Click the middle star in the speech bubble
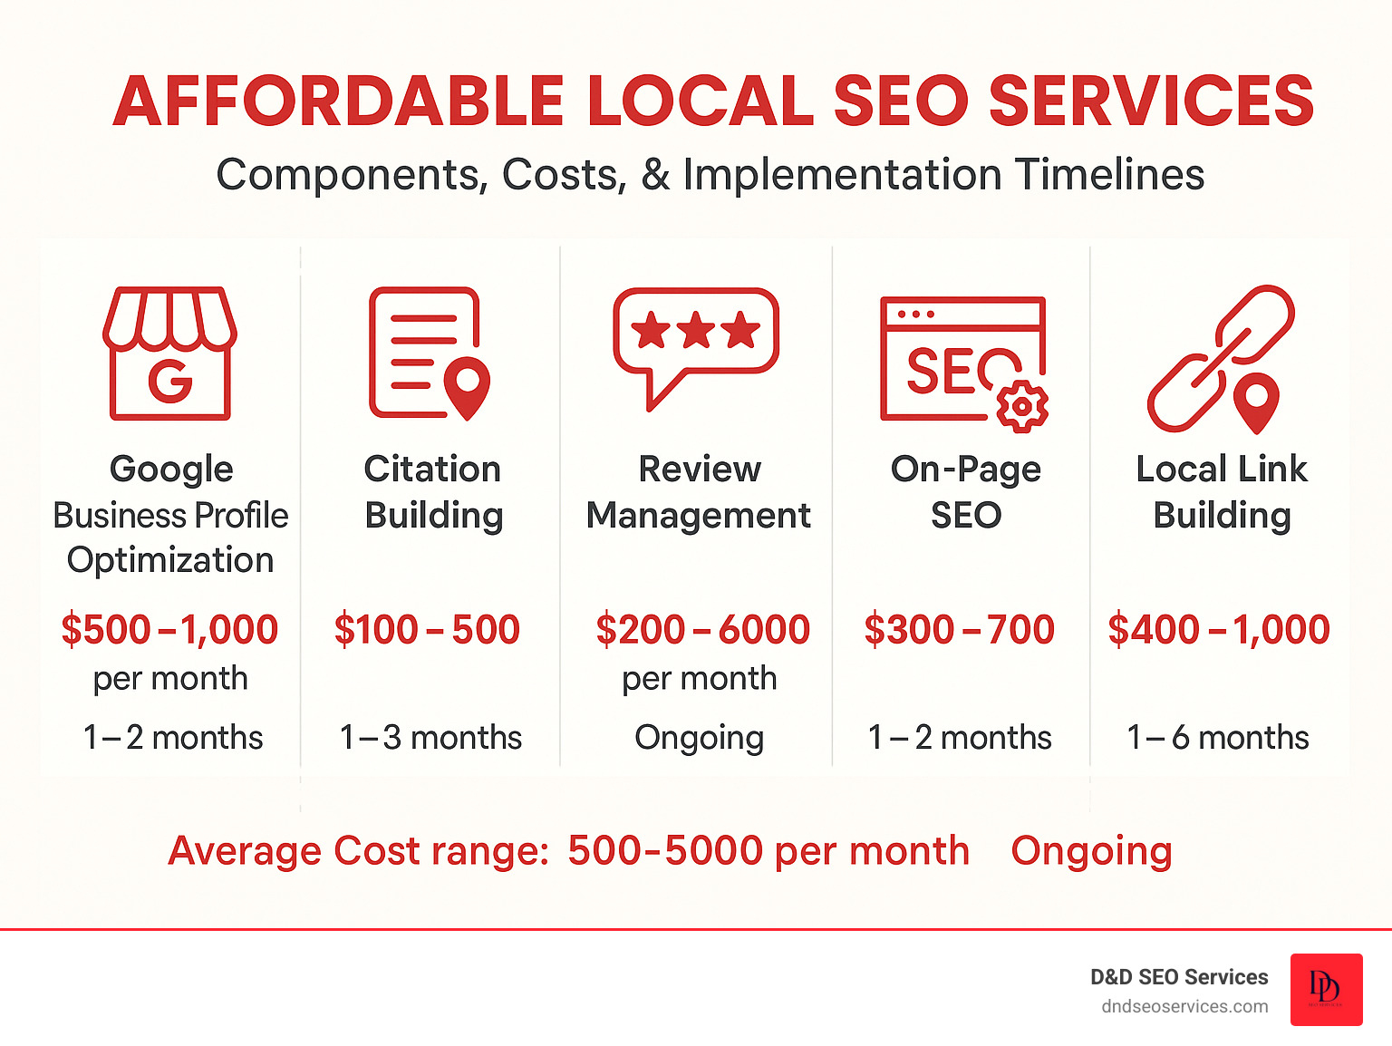pos(696,331)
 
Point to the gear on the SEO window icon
pos(1022,406)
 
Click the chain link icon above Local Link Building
pos(1220,358)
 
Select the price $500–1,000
pos(169,630)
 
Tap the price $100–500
pos(427,630)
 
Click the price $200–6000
pos(702,630)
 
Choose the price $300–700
pos(960,630)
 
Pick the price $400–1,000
pos(1219,630)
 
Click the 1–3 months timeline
pos(430,738)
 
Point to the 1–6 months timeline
pos(1217,738)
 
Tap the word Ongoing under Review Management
pos(700,738)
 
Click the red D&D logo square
pos(1326,990)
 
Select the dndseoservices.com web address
pos(1184,1007)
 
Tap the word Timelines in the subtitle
pos(1109,175)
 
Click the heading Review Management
pos(699,492)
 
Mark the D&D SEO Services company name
pos(1179,977)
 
